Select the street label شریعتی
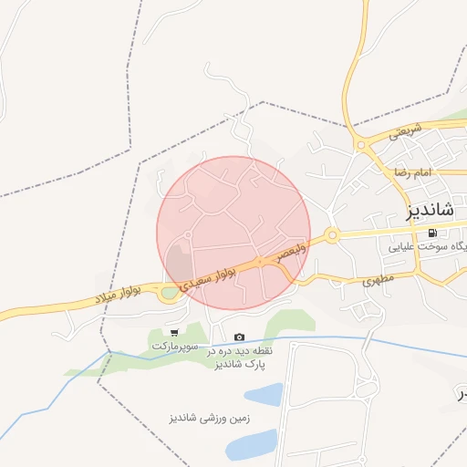[407, 132]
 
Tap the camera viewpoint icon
[239, 337]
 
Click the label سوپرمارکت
[174, 347]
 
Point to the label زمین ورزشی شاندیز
[209, 419]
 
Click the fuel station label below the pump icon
[427, 246]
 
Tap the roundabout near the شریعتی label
[361, 144]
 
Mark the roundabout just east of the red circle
[332, 235]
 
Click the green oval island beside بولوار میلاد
[169, 293]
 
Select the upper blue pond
[264, 394]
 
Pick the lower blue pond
[251, 444]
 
